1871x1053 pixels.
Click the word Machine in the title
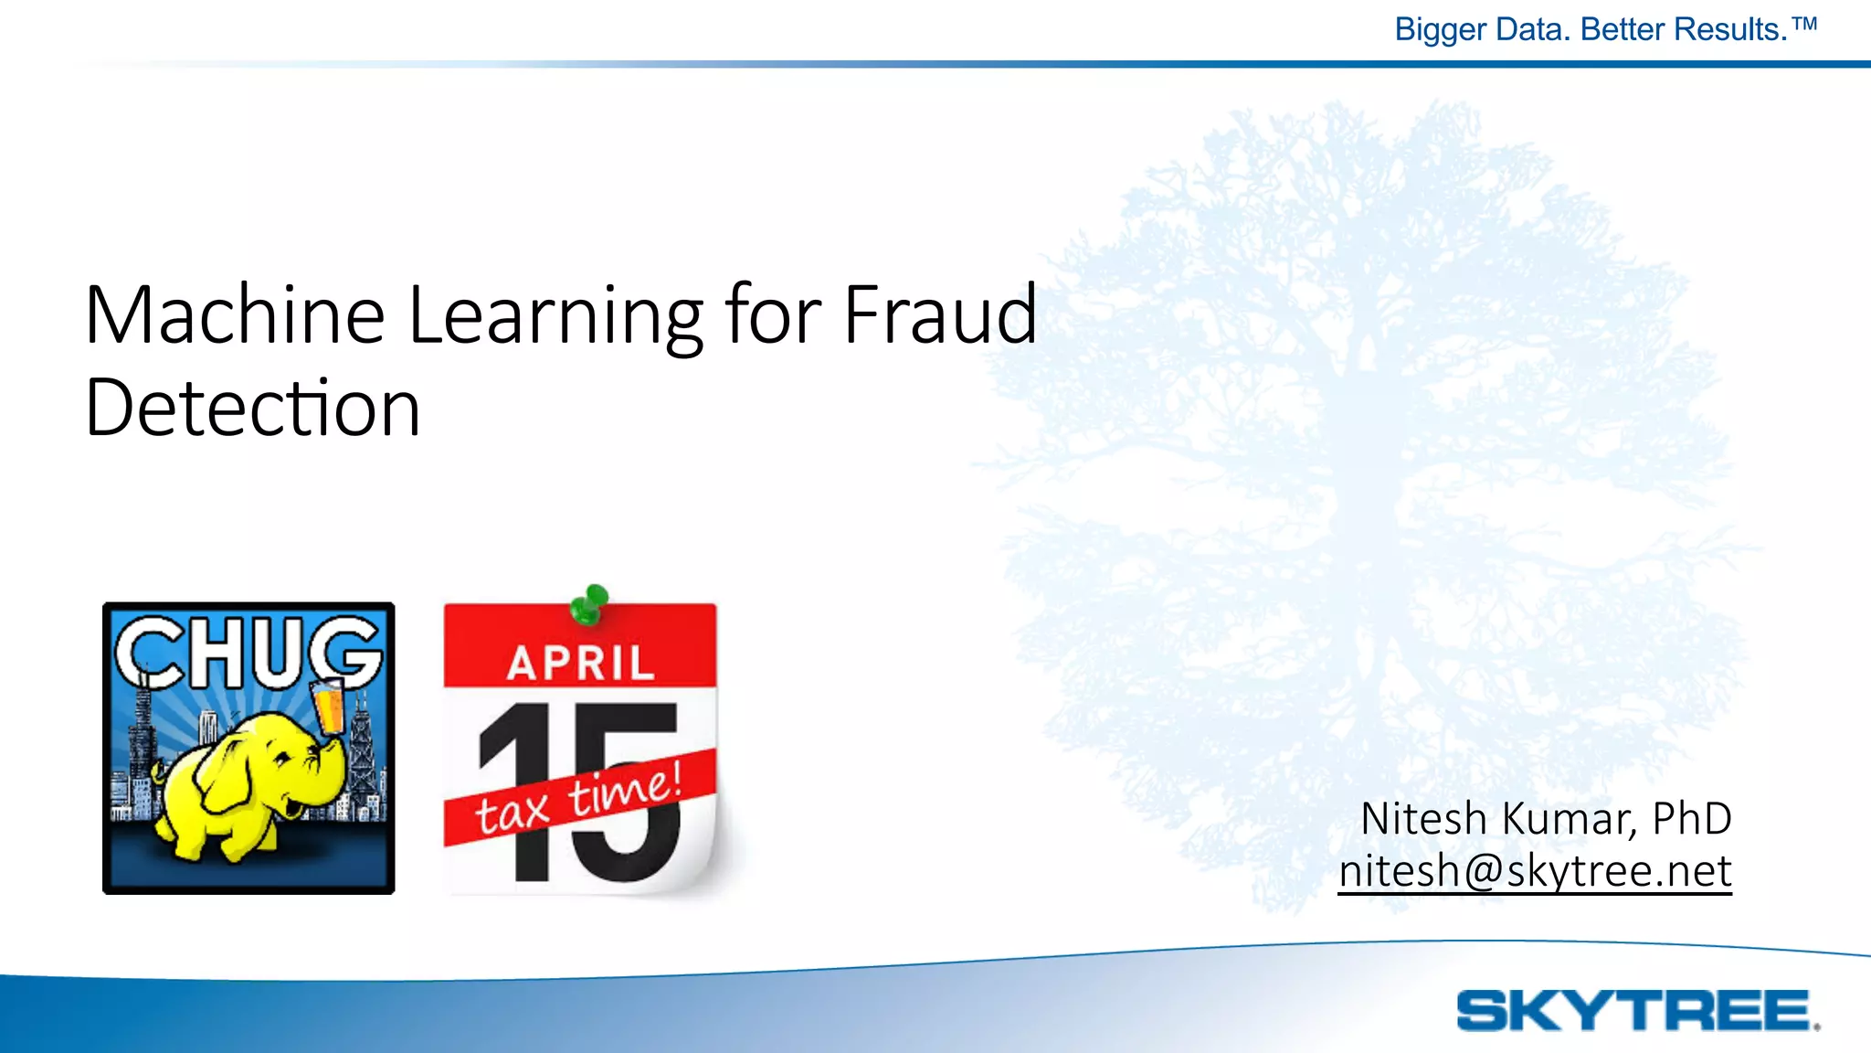tap(234, 315)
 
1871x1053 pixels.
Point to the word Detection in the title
tap(252, 409)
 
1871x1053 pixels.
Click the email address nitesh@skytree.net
tap(1535, 870)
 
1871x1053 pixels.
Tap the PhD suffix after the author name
tap(1691, 818)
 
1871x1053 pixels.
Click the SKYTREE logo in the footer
tap(1636, 1011)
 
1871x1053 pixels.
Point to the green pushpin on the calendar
tap(591, 603)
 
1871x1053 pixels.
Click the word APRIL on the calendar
tap(581, 663)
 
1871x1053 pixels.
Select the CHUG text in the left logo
tap(248, 652)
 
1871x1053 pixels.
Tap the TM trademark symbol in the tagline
tap(1804, 24)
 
